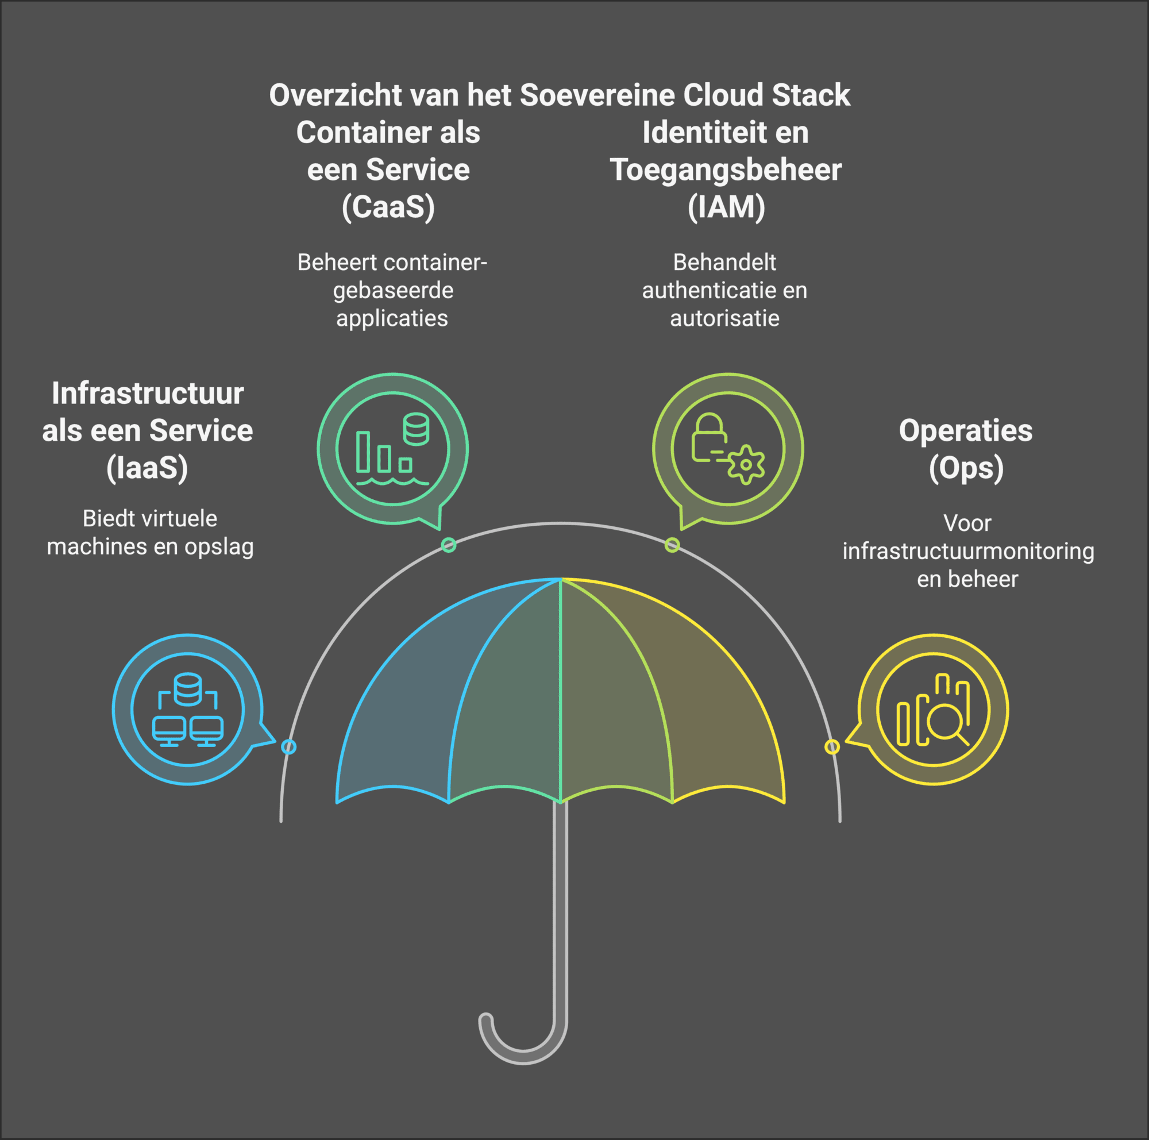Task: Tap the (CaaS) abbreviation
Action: click(x=388, y=207)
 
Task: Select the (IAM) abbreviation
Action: click(x=726, y=207)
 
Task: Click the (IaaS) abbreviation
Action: click(x=147, y=467)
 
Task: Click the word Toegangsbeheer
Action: click(x=726, y=170)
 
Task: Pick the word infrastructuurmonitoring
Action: click(x=967, y=551)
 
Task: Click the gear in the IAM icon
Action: click(x=746, y=465)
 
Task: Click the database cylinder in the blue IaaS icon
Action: click(x=188, y=688)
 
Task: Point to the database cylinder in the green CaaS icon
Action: click(x=416, y=429)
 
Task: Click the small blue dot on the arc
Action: click(x=288, y=746)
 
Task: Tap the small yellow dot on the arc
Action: click(x=831, y=746)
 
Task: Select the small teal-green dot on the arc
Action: click(x=449, y=545)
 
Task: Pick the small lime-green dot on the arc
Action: click(x=672, y=545)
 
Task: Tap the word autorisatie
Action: click(x=724, y=319)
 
